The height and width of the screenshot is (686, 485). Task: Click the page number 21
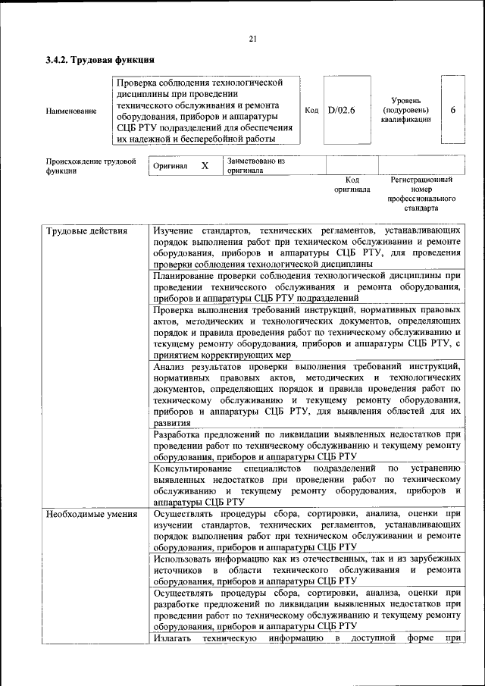(x=252, y=39)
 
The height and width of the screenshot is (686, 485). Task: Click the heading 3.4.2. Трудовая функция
(x=101, y=59)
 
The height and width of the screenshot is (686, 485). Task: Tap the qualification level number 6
(x=452, y=110)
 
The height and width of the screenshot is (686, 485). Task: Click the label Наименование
(x=71, y=111)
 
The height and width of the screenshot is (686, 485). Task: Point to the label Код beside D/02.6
(x=311, y=110)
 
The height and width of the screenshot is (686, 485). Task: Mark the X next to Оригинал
(x=205, y=165)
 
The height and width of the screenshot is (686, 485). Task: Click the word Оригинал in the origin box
(x=171, y=166)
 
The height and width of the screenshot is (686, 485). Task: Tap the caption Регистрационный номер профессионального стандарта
(x=421, y=193)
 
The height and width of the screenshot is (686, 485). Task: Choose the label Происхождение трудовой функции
(x=90, y=166)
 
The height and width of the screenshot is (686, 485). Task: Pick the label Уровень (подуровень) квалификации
(x=406, y=110)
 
